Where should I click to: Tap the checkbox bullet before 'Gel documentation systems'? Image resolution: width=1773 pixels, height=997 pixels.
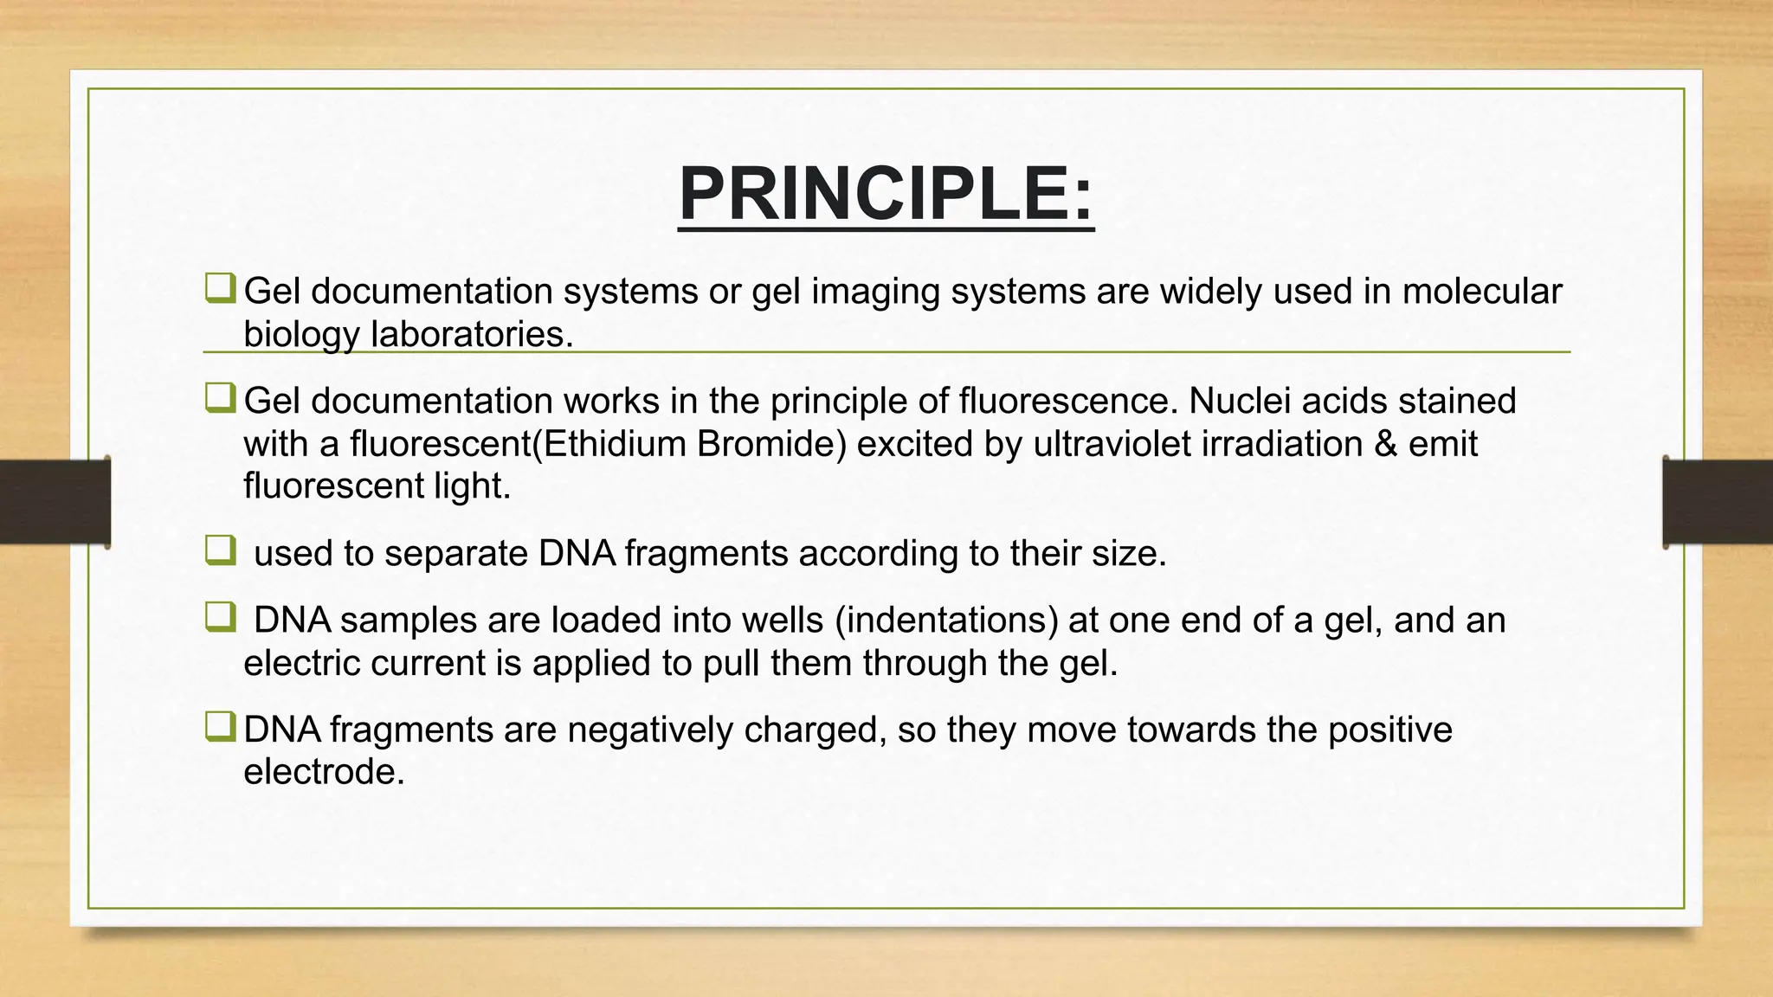click(x=220, y=288)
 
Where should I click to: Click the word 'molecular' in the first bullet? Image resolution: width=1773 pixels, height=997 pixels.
click(x=1482, y=292)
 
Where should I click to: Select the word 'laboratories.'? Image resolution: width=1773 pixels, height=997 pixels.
click(x=473, y=334)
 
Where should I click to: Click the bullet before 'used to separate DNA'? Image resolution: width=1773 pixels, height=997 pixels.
click(x=220, y=550)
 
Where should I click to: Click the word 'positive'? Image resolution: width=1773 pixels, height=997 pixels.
click(x=1389, y=730)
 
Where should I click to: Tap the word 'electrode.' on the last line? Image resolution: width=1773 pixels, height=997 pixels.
click(x=324, y=772)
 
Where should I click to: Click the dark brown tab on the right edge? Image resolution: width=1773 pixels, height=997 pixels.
click(x=1718, y=501)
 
